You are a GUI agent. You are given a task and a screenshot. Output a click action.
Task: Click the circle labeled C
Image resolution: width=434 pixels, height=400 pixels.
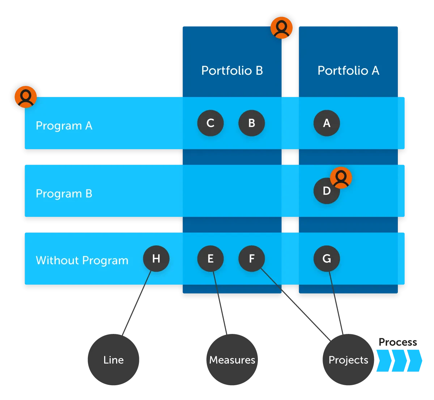coord(210,123)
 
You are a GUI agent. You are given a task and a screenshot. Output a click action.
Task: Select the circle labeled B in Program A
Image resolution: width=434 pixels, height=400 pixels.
coord(252,123)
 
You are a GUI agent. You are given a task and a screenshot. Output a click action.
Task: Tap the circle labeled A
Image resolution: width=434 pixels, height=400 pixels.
coord(327,123)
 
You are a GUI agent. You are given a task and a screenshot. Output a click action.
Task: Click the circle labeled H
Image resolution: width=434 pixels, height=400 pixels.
coord(156,258)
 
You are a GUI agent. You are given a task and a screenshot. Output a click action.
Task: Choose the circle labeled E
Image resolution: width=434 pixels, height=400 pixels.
coord(210,258)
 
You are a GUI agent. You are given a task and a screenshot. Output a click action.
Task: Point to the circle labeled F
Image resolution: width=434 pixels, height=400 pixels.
coord(252,258)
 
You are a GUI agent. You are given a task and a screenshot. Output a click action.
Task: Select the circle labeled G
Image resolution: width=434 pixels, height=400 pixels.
coord(327,258)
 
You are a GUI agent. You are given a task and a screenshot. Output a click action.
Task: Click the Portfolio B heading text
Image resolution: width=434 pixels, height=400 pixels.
coord(232,70)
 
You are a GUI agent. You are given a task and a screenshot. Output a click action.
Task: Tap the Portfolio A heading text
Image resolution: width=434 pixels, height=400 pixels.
coord(348,70)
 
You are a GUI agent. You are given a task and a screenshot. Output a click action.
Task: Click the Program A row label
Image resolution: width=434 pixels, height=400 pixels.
coord(64,126)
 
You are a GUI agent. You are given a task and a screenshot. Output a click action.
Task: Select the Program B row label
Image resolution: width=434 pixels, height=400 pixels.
coord(64,194)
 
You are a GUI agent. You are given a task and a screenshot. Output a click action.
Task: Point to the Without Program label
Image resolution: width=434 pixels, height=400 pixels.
coord(82,260)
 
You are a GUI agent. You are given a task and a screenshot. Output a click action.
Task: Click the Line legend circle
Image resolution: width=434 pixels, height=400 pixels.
coord(114,360)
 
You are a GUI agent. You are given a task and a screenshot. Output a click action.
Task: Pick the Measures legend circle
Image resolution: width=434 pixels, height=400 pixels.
coord(232,360)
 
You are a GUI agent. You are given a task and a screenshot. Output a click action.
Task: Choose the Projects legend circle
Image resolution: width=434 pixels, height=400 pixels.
coord(348,360)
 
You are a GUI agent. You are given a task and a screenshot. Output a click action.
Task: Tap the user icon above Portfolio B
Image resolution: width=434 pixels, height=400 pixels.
coord(281,27)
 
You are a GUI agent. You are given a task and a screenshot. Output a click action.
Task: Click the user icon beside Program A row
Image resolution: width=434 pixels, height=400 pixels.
coord(25,97)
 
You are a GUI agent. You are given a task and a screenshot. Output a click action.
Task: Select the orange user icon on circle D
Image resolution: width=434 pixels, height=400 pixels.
coord(341,178)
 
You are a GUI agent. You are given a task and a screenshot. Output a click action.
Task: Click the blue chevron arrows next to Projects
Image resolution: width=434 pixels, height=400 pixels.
coord(399,361)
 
